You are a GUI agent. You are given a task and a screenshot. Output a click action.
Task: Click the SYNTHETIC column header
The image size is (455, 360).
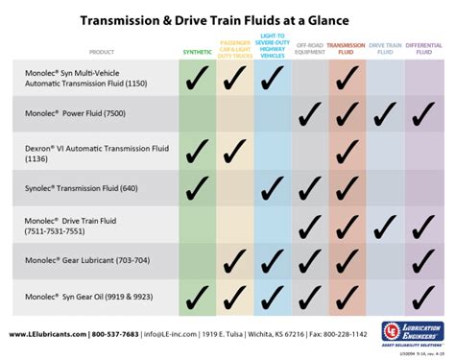click(198, 50)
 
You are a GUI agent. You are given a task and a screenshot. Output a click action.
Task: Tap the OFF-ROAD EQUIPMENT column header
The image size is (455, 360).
click(309, 47)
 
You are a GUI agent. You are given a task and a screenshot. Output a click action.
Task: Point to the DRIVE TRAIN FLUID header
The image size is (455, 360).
click(385, 47)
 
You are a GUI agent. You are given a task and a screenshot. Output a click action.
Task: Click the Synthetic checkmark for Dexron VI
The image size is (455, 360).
click(198, 151)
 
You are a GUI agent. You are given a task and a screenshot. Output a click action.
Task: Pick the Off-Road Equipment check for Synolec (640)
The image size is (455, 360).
click(309, 189)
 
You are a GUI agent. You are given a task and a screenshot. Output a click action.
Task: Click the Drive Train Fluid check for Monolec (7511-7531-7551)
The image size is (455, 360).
click(385, 225)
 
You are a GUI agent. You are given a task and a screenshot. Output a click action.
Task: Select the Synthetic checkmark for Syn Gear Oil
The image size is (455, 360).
click(198, 297)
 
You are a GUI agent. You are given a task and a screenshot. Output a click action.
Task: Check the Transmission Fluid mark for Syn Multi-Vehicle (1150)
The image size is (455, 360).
click(347, 80)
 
